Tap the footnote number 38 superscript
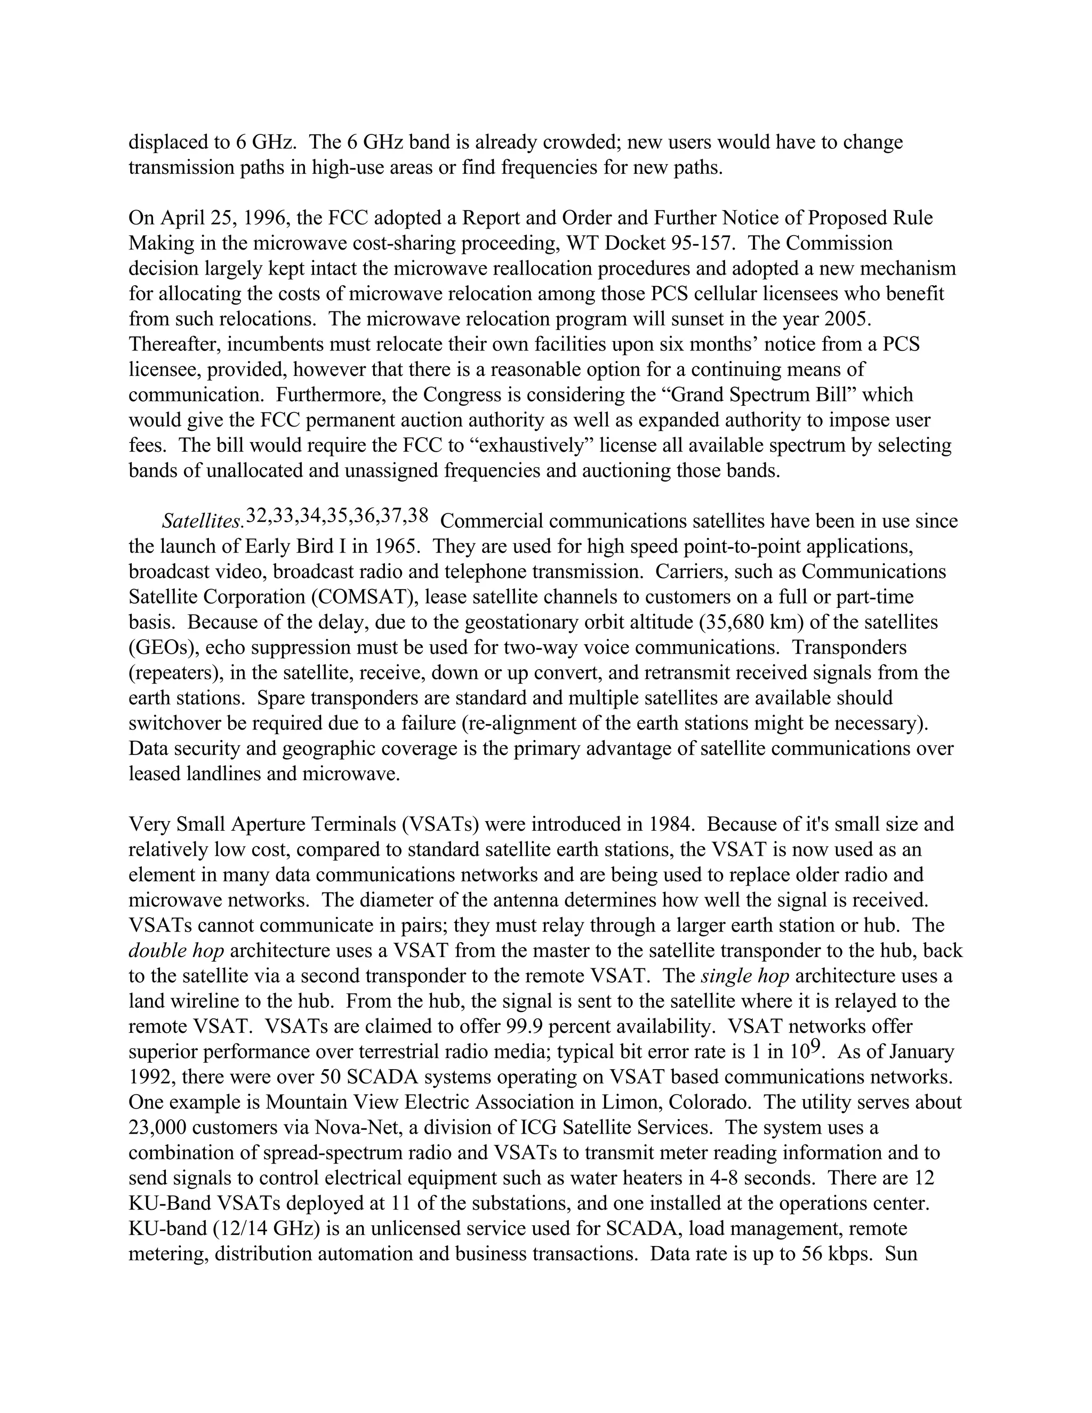pyautogui.click(x=418, y=516)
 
